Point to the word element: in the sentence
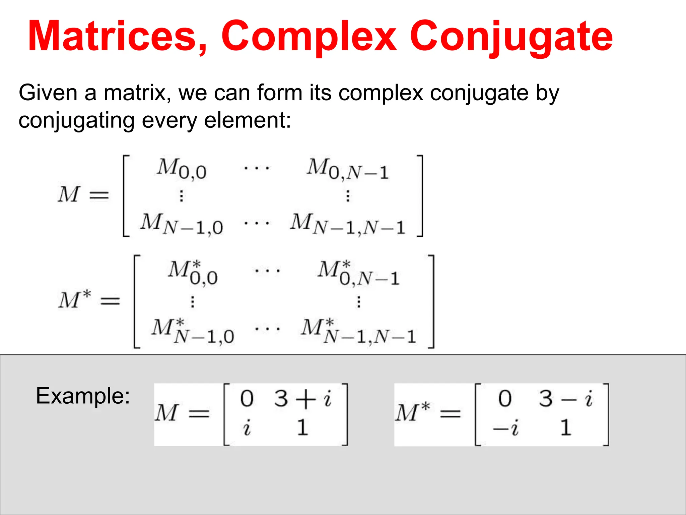pyautogui.click(x=248, y=120)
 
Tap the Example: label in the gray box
pyautogui.click(x=83, y=396)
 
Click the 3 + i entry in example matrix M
pyautogui.click(x=302, y=399)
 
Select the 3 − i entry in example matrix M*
pyautogui.click(x=565, y=399)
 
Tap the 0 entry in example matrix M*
pyautogui.click(x=505, y=399)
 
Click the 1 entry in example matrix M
pyautogui.click(x=302, y=427)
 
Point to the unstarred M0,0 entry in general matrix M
pyautogui.click(x=182, y=169)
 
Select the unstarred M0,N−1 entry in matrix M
pyautogui.click(x=347, y=169)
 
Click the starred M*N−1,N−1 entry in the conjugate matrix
pyautogui.click(x=358, y=331)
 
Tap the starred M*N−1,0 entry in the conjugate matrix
pyautogui.click(x=193, y=331)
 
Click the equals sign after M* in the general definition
pyautogui.click(x=110, y=300)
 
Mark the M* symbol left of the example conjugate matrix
pyautogui.click(x=412, y=412)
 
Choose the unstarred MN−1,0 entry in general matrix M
pyautogui.click(x=182, y=224)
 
